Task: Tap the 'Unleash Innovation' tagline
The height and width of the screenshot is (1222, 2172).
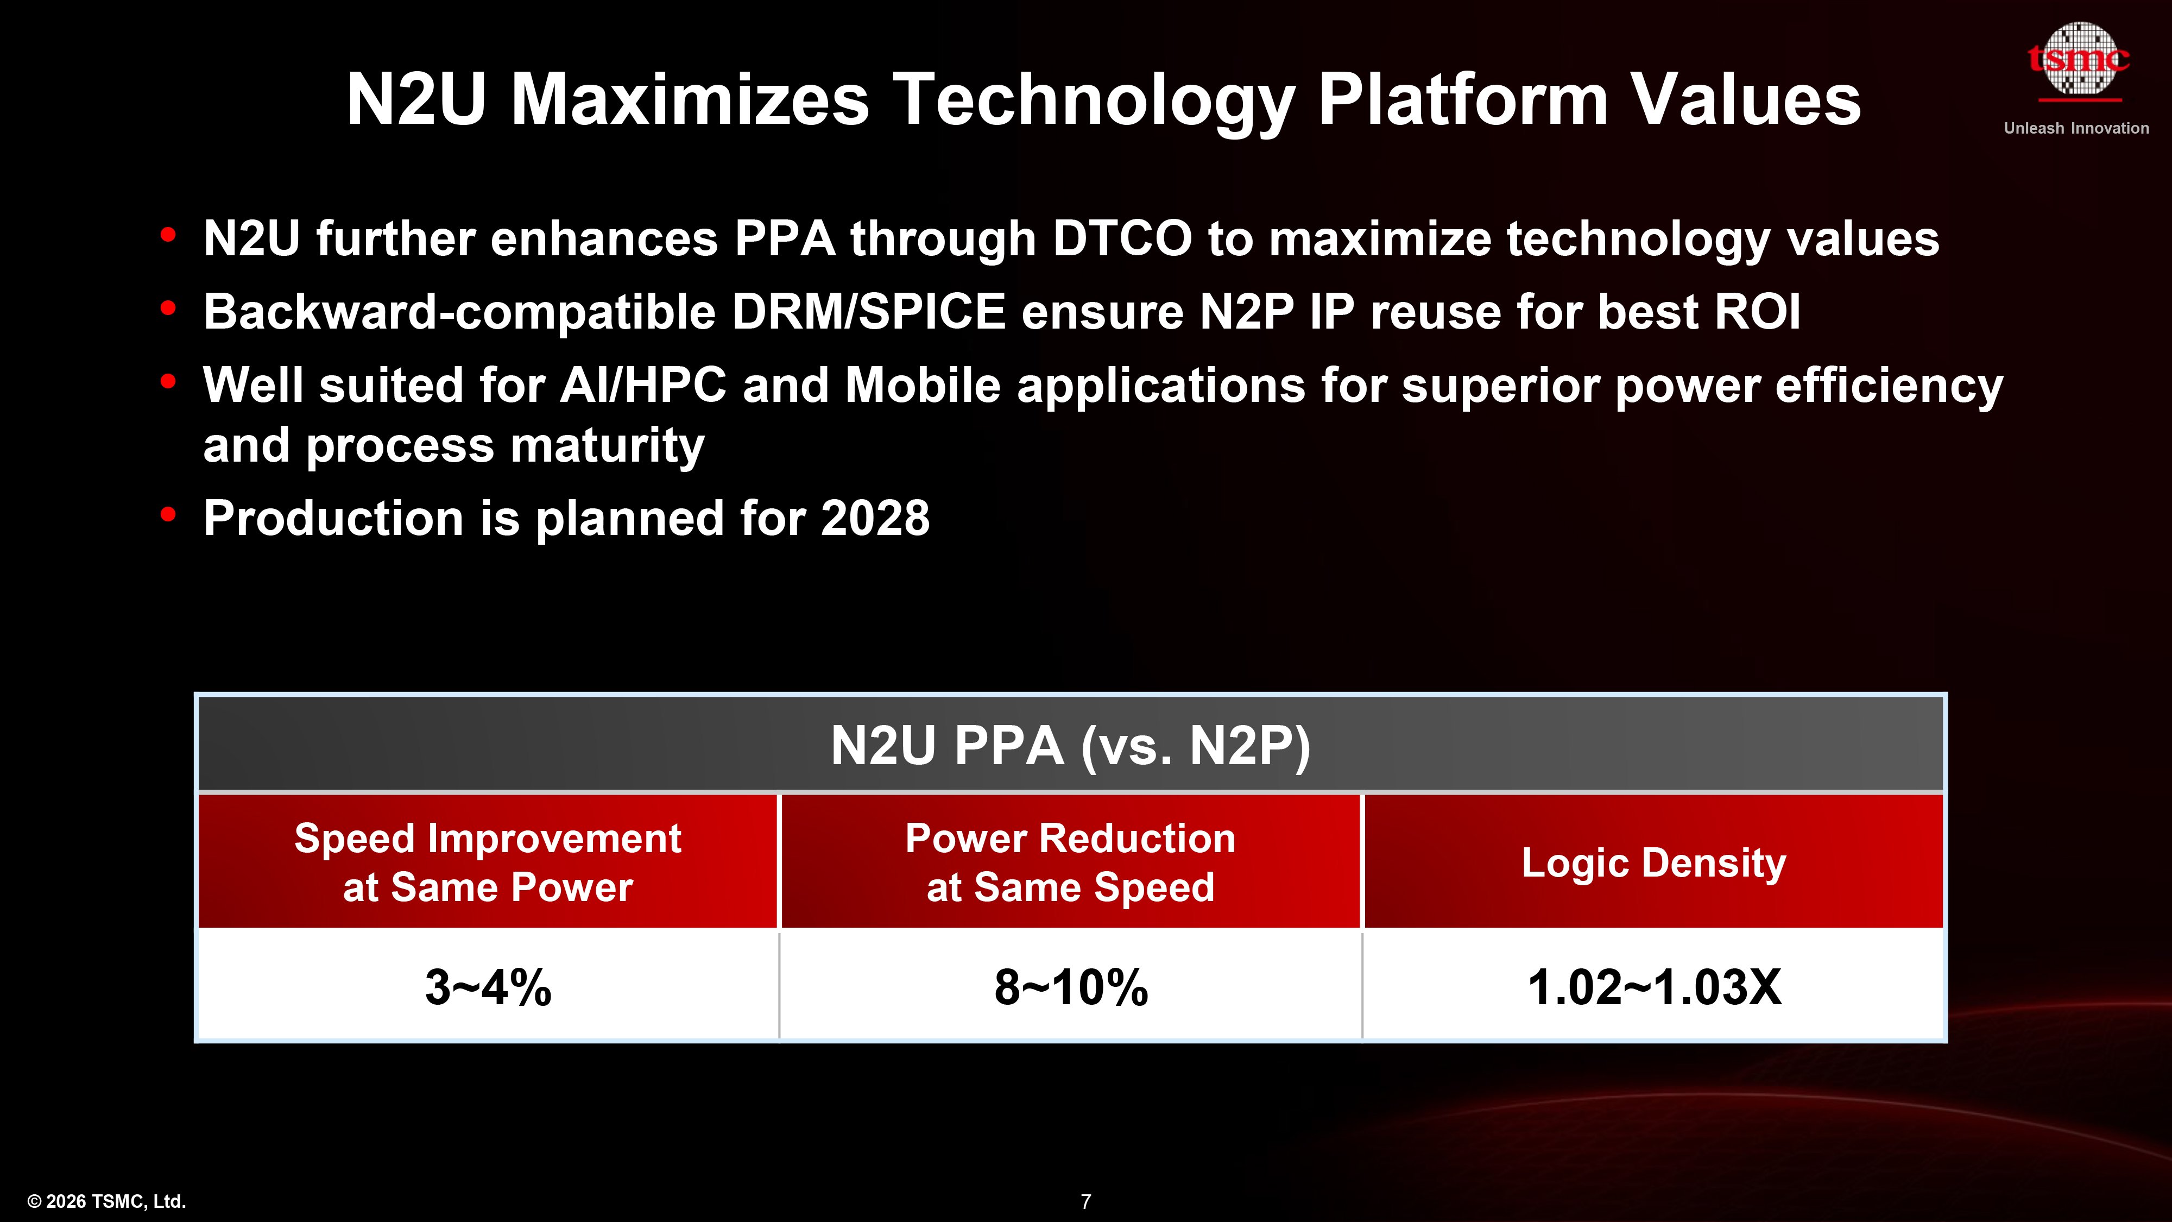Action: [x=2076, y=128]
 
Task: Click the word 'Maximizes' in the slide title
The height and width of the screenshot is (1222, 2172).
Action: [x=689, y=99]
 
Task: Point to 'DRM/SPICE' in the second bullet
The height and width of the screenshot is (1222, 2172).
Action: [x=868, y=312]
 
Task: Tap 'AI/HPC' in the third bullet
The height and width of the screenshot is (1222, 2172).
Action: [x=642, y=386]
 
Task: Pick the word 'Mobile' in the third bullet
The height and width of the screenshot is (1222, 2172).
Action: [x=923, y=386]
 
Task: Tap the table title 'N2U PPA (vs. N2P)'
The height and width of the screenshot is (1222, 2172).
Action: [x=1070, y=746]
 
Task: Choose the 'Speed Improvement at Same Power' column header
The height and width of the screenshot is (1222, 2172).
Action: [x=488, y=862]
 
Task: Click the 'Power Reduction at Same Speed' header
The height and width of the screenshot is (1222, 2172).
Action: [x=1070, y=862]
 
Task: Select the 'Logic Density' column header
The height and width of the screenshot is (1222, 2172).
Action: [x=1653, y=862]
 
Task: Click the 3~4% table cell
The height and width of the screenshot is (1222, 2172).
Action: [x=488, y=987]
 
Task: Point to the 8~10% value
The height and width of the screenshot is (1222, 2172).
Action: [x=1070, y=987]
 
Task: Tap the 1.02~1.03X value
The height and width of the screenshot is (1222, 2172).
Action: [x=1653, y=987]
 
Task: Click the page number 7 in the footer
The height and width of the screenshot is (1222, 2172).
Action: [x=1086, y=1201]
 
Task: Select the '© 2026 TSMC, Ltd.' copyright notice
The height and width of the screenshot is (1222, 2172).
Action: [x=107, y=1201]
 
